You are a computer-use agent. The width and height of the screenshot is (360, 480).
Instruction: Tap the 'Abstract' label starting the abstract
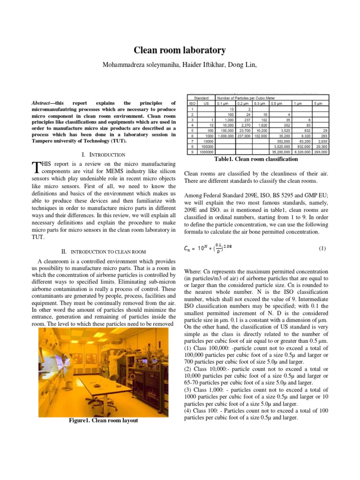click(x=42, y=103)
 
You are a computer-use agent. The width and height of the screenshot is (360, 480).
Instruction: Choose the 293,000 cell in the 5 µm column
click(x=320, y=152)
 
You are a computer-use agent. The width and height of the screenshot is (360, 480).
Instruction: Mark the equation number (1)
click(x=322, y=249)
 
